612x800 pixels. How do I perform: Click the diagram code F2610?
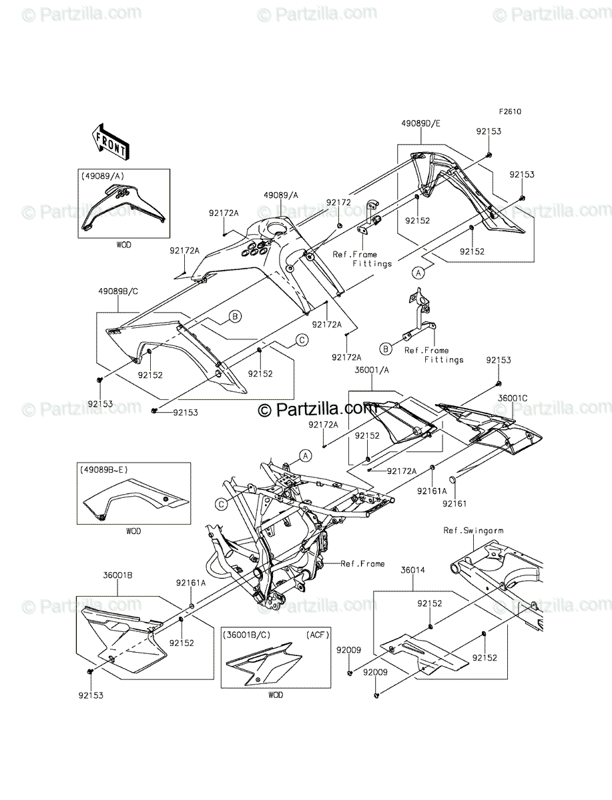pyautogui.click(x=511, y=111)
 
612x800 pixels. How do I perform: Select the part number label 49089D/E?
pyautogui.click(x=420, y=123)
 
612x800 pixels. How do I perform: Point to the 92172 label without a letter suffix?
pyautogui.click(x=338, y=202)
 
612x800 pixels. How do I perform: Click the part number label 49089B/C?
pyautogui.click(x=118, y=291)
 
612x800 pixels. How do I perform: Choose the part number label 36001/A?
pyautogui.click(x=372, y=370)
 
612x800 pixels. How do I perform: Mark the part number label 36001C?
pyautogui.click(x=513, y=399)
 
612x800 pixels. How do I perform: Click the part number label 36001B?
pyautogui.click(x=117, y=575)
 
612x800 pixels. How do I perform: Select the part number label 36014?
pyautogui.click(x=413, y=569)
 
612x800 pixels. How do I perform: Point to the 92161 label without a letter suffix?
pyautogui.click(x=454, y=503)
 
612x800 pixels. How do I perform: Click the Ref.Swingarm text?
pyautogui.click(x=473, y=530)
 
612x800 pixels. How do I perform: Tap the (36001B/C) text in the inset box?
pyautogui.click(x=247, y=635)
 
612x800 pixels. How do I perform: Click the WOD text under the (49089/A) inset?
pyautogui.click(x=123, y=245)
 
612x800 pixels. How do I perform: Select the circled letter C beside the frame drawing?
pyautogui.click(x=221, y=504)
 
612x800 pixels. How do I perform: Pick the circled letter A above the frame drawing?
pyautogui.click(x=306, y=455)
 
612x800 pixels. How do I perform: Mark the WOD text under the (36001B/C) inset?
pyautogui.click(x=276, y=695)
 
